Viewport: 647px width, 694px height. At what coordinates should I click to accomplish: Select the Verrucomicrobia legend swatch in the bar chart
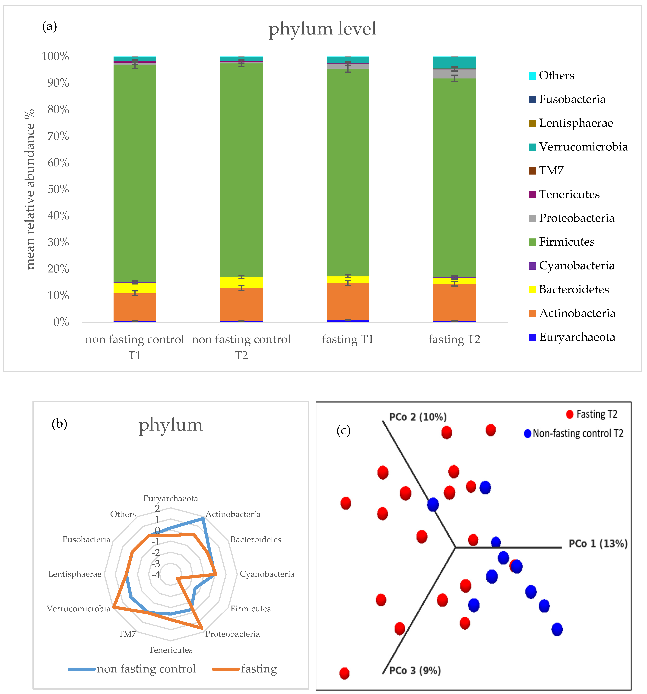(x=532, y=147)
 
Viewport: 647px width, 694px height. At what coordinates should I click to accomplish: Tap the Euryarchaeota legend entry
(x=576, y=337)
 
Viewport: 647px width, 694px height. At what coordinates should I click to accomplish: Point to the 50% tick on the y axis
(x=58, y=189)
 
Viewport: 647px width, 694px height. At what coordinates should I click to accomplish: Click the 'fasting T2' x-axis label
(x=454, y=339)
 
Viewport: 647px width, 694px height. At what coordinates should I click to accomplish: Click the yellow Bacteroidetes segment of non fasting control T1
(x=135, y=288)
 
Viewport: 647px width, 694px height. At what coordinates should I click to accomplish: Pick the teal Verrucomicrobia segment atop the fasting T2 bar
(x=454, y=63)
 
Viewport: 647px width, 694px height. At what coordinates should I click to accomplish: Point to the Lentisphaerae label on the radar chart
(x=74, y=574)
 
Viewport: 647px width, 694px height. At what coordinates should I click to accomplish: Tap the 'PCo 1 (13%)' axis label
(x=598, y=544)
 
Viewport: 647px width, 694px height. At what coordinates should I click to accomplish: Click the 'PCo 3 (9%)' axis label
(x=415, y=671)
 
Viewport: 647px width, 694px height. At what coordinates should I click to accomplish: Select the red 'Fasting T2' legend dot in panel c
(x=569, y=414)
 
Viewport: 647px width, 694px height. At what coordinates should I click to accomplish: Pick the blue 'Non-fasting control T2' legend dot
(x=527, y=434)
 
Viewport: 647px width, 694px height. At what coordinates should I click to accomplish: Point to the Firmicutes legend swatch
(x=532, y=242)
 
